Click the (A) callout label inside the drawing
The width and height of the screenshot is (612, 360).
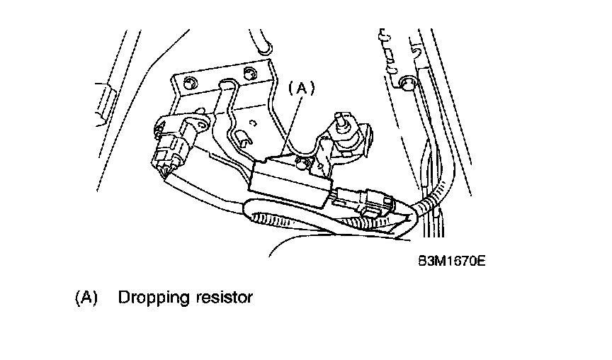300,88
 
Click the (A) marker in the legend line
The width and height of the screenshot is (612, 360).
86,298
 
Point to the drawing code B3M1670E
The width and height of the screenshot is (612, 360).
450,261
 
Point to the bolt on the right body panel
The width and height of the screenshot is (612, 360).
406,84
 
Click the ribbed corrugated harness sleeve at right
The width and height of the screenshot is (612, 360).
429,205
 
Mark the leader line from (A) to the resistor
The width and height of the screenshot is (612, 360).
292,128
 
